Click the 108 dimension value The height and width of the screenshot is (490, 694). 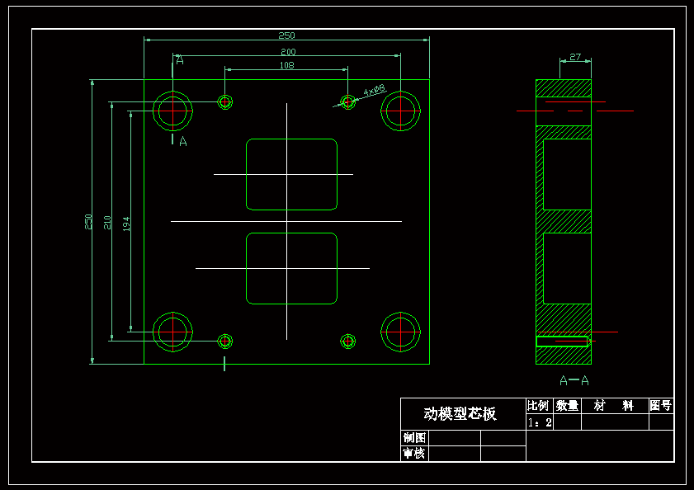(x=286, y=65)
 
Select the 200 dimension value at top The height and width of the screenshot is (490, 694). (x=287, y=52)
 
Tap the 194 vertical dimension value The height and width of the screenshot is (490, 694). (x=126, y=224)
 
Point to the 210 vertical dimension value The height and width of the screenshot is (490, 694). (x=107, y=222)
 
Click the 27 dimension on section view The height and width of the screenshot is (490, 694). (x=575, y=57)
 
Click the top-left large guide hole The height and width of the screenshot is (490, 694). (x=173, y=110)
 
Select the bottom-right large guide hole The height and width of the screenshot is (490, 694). (x=401, y=332)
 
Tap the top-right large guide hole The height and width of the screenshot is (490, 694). (x=401, y=110)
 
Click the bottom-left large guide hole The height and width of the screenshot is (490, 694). (x=173, y=332)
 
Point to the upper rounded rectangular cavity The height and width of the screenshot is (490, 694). (x=292, y=174)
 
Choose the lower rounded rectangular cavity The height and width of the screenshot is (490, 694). (x=292, y=268)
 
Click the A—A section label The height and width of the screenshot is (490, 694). (x=574, y=380)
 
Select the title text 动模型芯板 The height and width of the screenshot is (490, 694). (x=460, y=413)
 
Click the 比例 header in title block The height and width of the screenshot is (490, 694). (x=538, y=406)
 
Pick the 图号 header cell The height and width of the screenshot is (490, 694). (x=661, y=406)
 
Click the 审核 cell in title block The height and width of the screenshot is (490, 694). (x=413, y=454)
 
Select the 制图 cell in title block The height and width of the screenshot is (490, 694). (x=413, y=438)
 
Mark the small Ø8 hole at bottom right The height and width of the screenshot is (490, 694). (x=348, y=341)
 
